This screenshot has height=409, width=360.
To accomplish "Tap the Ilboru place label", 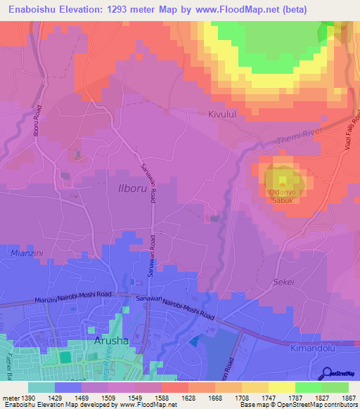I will [129, 189].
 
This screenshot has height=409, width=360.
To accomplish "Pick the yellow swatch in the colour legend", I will [282, 387].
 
